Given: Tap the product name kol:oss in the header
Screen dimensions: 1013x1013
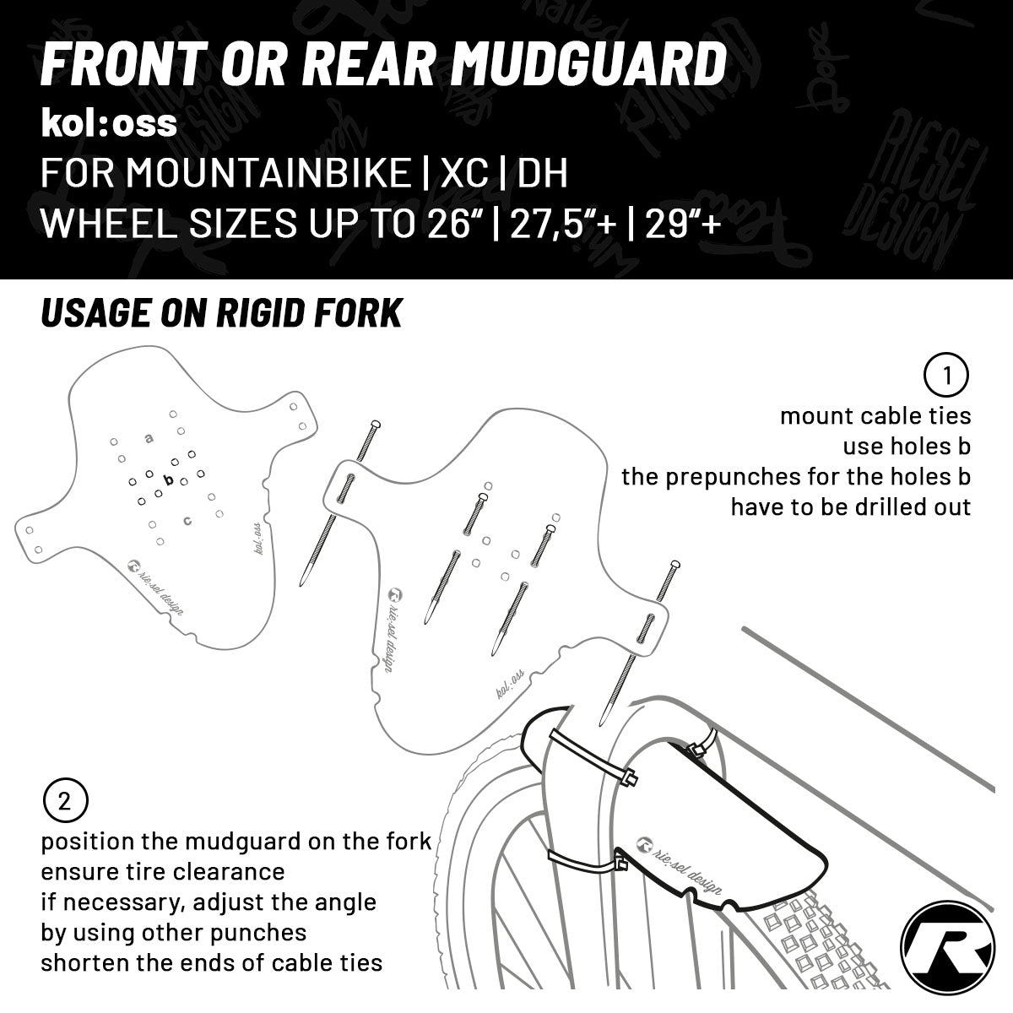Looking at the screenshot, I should [x=109, y=123].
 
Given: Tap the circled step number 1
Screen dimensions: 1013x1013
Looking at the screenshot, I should [x=946, y=376].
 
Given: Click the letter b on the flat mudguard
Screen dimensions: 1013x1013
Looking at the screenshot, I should [x=168, y=480].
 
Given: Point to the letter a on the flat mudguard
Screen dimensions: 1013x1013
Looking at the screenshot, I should [x=149, y=438].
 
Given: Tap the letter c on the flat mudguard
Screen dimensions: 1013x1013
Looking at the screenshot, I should [x=187, y=520].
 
